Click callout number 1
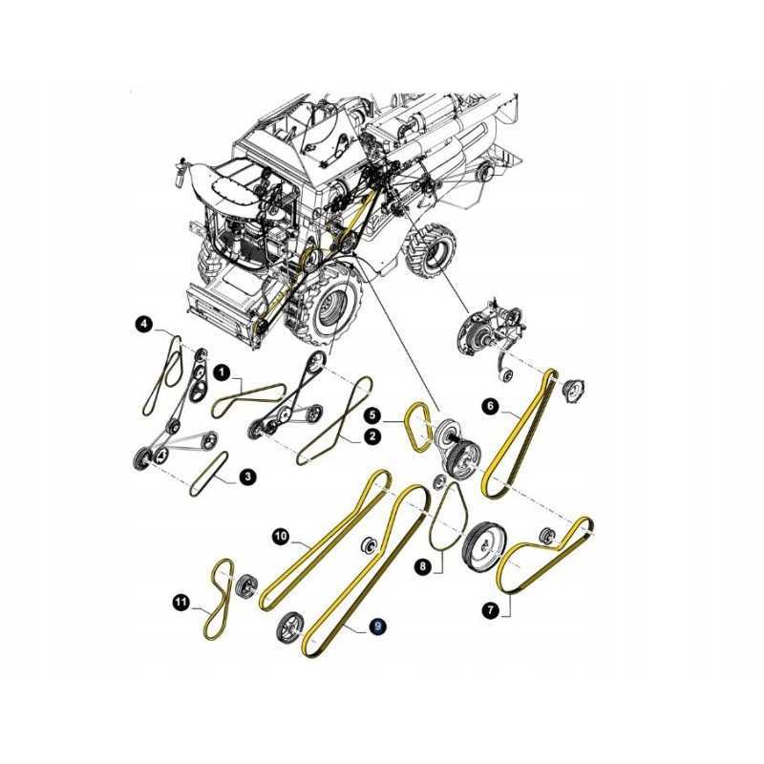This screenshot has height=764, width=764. pyautogui.click(x=223, y=373)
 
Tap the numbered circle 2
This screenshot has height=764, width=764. pyautogui.click(x=372, y=435)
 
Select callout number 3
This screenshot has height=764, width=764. pyautogui.click(x=247, y=477)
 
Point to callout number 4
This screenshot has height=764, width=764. pyautogui.click(x=143, y=324)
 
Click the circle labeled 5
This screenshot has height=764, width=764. pyautogui.click(x=373, y=415)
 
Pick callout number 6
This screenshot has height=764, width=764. pyautogui.click(x=491, y=407)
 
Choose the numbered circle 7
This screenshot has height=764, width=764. pyautogui.click(x=491, y=609)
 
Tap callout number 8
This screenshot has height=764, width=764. pyautogui.click(x=422, y=566)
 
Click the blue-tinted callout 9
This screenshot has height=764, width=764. pyautogui.click(x=377, y=626)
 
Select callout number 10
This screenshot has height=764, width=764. pyautogui.click(x=281, y=537)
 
